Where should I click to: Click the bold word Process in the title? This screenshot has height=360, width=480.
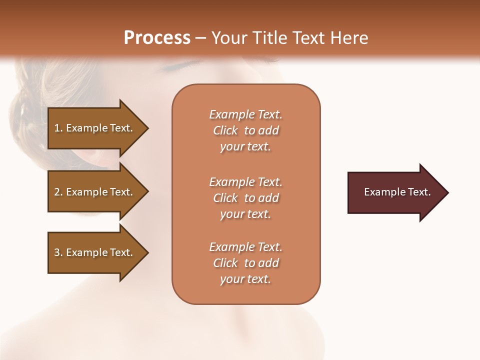[157, 38]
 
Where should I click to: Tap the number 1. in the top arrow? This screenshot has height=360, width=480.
[58, 128]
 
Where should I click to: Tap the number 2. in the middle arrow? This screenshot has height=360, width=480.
[58, 192]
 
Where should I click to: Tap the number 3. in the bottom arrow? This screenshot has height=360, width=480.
[58, 252]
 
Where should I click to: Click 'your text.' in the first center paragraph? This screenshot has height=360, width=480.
[245, 147]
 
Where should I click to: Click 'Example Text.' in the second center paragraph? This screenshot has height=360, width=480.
[245, 182]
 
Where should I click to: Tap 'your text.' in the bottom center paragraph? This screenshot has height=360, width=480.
[245, 279]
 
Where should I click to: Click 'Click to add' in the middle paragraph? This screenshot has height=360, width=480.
[245, 198]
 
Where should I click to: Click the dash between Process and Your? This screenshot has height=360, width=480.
[201, 38]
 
